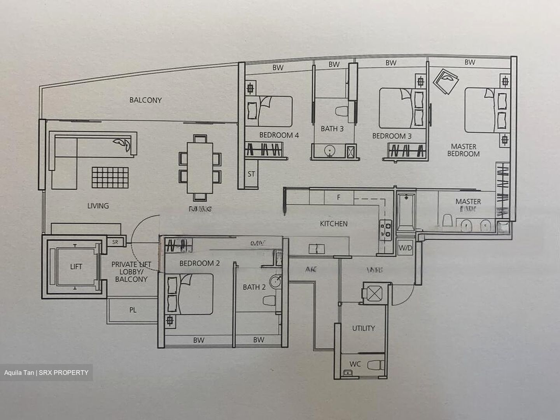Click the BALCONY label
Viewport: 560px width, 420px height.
145,100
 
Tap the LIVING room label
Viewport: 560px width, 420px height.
98,206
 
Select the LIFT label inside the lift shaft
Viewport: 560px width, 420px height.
76,266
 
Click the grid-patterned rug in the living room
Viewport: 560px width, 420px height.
110,177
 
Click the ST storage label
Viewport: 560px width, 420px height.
251,174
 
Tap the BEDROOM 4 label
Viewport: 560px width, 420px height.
279,135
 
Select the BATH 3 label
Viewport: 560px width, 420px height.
332,129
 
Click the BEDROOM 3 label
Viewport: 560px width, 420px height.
392,136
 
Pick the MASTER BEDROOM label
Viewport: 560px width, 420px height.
463,150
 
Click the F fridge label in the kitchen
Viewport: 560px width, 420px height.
338,198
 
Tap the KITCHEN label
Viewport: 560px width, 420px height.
334,224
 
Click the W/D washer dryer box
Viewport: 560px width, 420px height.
405,248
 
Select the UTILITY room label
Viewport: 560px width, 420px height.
363,328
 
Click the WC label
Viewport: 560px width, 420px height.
355,364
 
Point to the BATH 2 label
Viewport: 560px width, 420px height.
254,287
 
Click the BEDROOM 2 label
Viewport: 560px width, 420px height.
199,263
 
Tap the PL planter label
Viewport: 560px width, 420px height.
133,310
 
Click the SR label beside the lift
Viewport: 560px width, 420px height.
115,242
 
